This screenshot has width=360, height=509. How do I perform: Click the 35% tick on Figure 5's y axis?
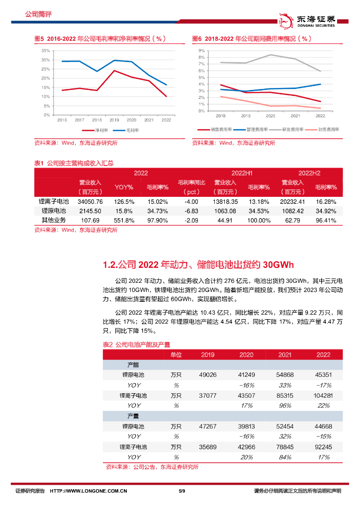coord(45,51)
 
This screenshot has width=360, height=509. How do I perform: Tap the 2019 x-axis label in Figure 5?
coord(114,120)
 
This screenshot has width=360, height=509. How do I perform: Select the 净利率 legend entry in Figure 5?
coord(101,131)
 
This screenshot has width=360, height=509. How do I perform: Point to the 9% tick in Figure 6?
coord(202,51)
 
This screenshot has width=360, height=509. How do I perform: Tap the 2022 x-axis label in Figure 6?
coord(320,116)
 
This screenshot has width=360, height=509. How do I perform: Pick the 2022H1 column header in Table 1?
coord(242,173)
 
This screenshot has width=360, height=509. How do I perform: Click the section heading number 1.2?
coord(110,263)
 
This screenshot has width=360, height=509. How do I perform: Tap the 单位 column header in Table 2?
coord(176,354)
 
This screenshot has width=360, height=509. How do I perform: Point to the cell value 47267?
coord(208,426)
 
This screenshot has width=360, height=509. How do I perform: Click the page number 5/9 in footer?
coord(181,492)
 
